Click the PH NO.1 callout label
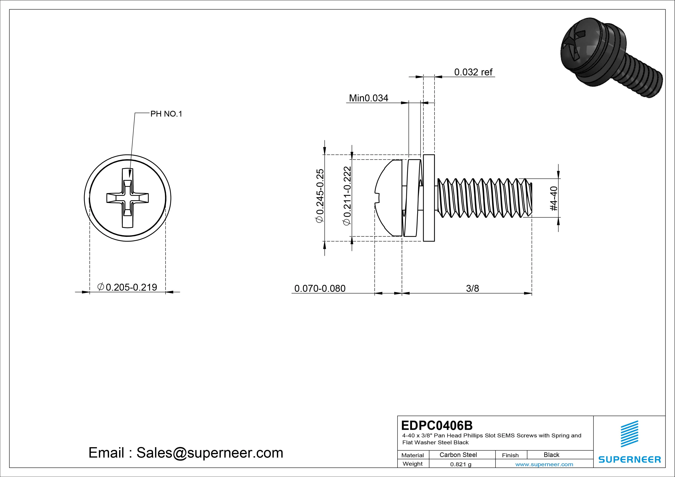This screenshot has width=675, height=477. click(x=166, y=114)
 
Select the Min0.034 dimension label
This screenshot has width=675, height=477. click(x=368, y=98)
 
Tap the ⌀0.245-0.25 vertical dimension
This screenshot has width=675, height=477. click(x=320, y=196)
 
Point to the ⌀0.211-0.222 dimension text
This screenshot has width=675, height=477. click(x=347, y=196)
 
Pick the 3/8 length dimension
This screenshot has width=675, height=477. click(x=472, y=288)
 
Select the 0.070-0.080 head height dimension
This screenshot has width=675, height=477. click(x=320, y=288)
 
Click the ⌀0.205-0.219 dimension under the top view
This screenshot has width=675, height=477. click(x=127, y=287)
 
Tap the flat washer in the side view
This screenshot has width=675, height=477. click(x=429, y=198)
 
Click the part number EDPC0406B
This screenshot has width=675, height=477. click(x=437, y=425)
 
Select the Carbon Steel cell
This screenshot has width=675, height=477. click(x=458, y=455)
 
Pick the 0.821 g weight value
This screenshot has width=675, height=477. click(x=461, y=464)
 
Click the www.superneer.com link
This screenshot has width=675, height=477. click(x=544, y=464)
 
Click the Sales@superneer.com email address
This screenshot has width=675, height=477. click(x=209, y=453)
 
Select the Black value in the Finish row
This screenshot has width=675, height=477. click(x=551, y=455)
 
